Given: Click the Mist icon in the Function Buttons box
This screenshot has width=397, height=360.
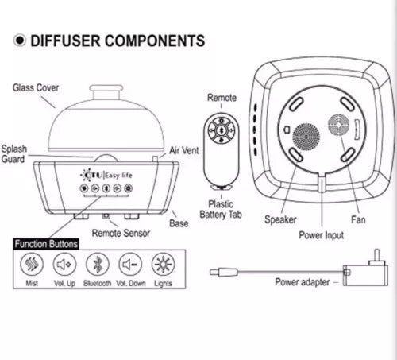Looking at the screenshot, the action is pyautogui.click(x=32, y=264).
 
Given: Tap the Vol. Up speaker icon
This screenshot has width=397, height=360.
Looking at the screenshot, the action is pyautogui.click(x=64, y=264).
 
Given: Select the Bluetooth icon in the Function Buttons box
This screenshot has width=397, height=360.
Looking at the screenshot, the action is pyautogui.click(x=98, y=264).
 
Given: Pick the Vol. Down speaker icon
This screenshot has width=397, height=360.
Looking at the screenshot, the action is pyautogui.click(x=130, y=264).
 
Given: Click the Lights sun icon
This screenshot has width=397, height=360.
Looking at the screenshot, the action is pyautogui.click(x=163, y=264).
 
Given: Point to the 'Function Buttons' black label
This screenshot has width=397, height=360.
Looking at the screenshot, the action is pyautogui.click(x=46, y=244).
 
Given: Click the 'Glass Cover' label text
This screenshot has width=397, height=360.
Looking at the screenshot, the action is pyautogui.click(x=36, y=87).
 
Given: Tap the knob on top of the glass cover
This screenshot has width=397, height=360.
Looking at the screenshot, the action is pyautogui.click(x=106, y=89).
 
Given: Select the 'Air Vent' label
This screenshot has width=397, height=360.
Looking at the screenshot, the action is pyautogui.click(x=184, y=150).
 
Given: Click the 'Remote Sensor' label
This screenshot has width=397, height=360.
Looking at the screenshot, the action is pyautogui.click(x=121, y=233).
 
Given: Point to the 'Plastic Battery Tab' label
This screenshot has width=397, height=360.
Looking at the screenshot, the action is pyautogui.click(x=221, y=209).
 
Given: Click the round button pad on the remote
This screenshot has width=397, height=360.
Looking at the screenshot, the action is pyautogui.click(x=222, y=130).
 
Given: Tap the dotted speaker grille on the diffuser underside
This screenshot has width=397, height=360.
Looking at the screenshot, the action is pyautogui.click(x=306, y=137).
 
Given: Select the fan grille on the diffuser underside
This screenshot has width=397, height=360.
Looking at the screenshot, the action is pyautogui.click(x=338, y=125).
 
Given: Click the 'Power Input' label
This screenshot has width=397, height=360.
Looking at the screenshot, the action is pyautogui.click(x=322, y=235).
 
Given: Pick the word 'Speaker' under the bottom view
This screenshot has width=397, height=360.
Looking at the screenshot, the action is pyautogui.click(x=280, y=219).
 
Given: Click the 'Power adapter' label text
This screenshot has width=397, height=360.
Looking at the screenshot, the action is pyautogui.click(x=303, y=282).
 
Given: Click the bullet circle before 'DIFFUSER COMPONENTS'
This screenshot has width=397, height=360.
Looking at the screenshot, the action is pyautogui.click(x=20, y=41).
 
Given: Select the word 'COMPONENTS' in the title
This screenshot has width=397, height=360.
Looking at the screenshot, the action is pyautogui.click(x=155, y=41).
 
